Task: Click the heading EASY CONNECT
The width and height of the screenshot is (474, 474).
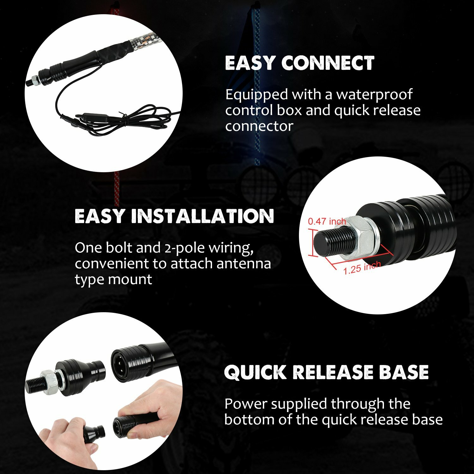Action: (x=300, y=63)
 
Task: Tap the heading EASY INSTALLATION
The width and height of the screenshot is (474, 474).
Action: (x=174, y=216)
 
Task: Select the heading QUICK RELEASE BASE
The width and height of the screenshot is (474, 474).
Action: (x=326, y=372)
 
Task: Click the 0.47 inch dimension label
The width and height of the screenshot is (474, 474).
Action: (x=327, y=221)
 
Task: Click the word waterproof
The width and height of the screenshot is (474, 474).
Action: (x=374, y=94)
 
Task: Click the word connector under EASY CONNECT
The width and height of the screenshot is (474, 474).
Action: (x=259, y=126)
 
